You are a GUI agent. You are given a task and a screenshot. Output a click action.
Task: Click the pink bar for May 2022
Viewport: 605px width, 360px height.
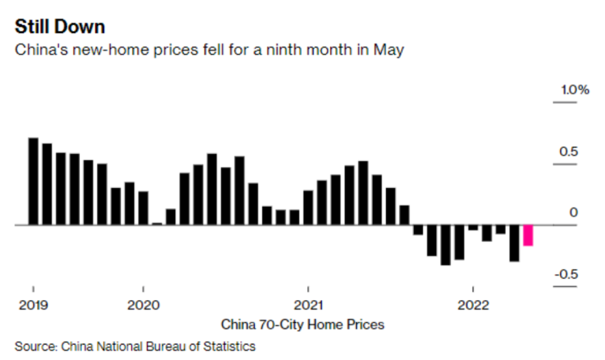pos(528,235)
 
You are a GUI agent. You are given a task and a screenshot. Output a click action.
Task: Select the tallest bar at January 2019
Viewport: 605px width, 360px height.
pos(33,182)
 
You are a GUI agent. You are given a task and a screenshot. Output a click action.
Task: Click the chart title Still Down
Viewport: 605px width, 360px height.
pos(59,28)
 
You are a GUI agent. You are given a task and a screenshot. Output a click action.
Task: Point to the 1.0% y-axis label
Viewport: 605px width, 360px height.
pos(575,90)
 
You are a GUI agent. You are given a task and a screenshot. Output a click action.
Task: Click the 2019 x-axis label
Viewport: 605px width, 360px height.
pos(33,305)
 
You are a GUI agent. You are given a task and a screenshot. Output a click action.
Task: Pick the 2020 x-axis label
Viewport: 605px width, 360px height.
pos(143,305)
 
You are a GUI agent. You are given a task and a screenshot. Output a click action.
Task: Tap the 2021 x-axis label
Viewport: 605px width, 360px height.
pos(307,305)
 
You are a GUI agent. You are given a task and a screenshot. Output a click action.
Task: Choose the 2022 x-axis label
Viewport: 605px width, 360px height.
pos(472,305)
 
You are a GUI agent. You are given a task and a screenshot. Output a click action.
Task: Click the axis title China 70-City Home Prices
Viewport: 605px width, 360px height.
pos(302,324)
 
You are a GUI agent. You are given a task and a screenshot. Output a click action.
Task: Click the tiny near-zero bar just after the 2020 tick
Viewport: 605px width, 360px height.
pos(156,223)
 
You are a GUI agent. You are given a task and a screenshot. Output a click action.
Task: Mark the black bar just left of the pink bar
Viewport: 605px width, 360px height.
pos(514,242)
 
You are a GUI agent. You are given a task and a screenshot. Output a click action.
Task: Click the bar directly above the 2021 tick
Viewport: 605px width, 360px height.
pos(308,208)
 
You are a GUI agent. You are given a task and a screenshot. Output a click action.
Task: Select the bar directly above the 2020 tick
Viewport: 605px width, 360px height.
pos(143,208)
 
